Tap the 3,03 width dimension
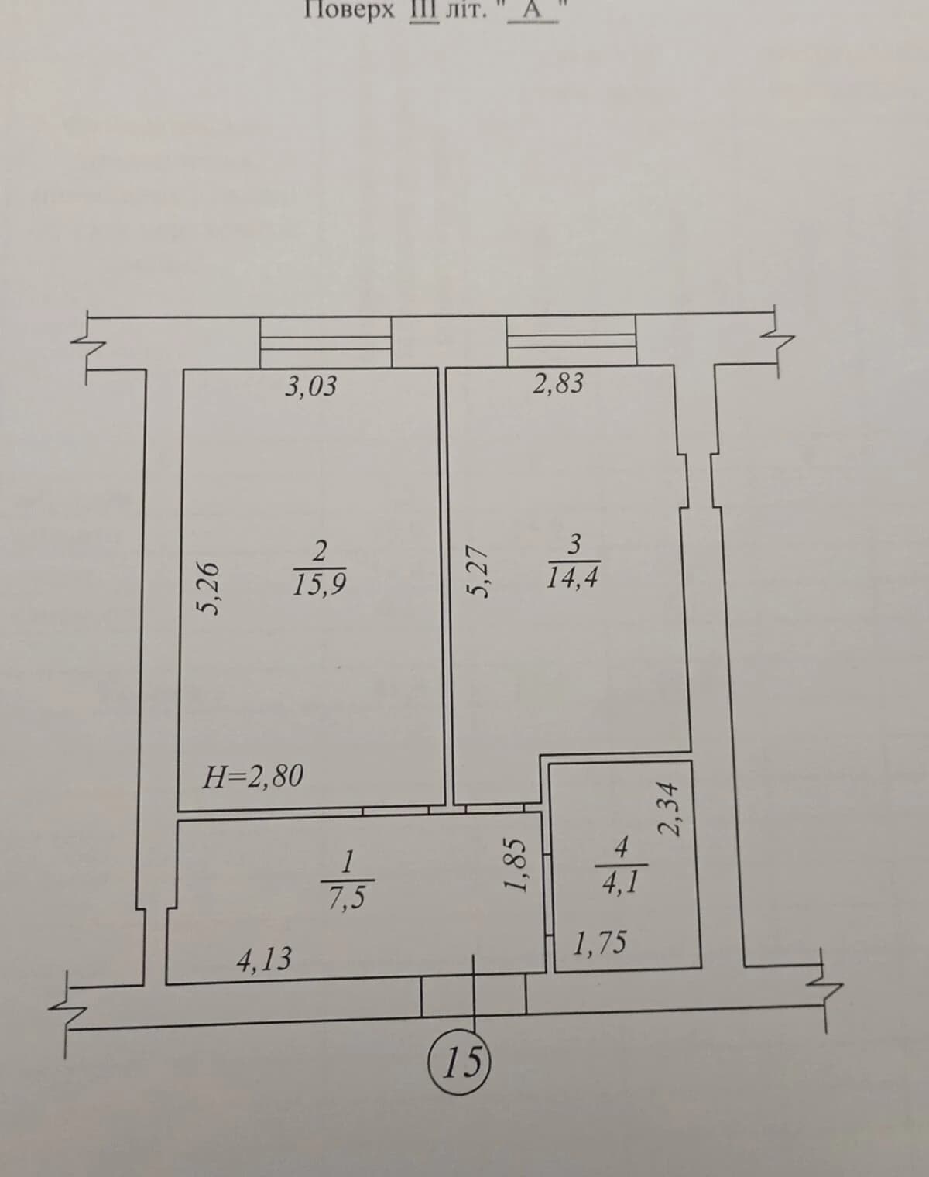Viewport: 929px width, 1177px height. (x=311, y=386)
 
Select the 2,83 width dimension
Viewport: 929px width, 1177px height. (x=558, y=383)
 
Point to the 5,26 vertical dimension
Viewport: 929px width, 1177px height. (x=210, y=588)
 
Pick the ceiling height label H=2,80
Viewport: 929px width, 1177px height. (x=252, y=777)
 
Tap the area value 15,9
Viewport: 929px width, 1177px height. (x=319, y=585)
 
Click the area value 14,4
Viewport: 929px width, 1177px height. (x=572, y=578)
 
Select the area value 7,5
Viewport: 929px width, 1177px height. (x=347, y=897)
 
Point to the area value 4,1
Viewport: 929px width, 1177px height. (x=621, y=882)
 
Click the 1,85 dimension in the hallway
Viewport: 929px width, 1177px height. (x=516, y=865)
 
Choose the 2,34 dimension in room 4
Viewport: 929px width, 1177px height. (x=670, y=809)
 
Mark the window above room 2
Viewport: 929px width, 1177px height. (x=326, y=341)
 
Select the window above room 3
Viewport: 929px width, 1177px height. (x=571, y=340)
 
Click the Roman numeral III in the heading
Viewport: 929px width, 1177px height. (x=424, y=10)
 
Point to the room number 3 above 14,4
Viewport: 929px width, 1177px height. (x=574, y=544)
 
